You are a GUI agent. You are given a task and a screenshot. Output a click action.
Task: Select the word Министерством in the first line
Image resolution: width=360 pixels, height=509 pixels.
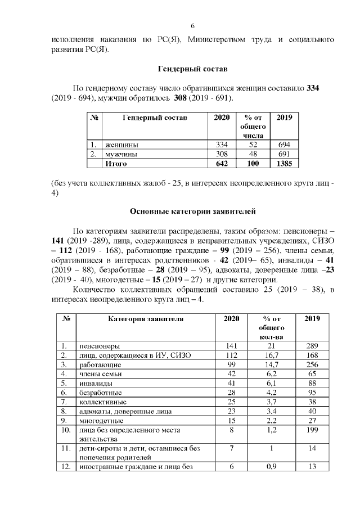[x=217, y=39]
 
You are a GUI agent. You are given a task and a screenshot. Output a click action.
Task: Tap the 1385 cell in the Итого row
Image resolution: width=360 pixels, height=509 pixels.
[x=284, y=164]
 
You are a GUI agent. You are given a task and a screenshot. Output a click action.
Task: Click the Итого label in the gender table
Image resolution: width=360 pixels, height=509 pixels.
[x=116, y=164]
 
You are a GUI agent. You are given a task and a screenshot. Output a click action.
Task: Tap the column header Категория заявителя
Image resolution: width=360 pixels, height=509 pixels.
[x=145, y=318]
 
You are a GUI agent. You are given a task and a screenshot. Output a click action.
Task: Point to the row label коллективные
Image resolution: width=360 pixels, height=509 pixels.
[x=102, y=402]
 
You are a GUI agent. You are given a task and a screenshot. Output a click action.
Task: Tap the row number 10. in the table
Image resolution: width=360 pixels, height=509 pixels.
[x=66, y=430]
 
